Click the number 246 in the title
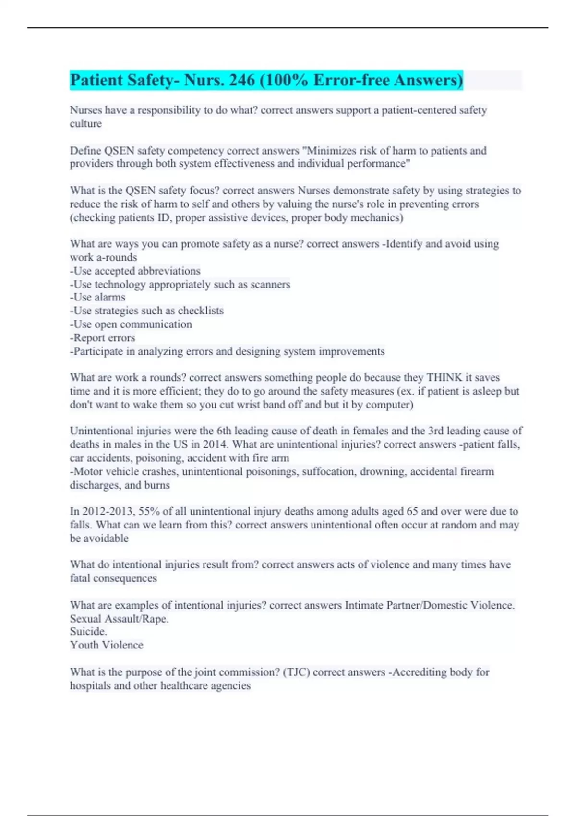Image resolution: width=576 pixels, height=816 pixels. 242,80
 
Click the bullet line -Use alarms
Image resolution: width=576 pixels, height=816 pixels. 98,298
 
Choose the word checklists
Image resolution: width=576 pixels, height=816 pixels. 201,311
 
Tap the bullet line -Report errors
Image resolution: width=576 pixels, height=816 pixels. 103,338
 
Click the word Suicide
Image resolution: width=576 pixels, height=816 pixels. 88,632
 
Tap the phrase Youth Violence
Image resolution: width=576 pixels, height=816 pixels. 107,645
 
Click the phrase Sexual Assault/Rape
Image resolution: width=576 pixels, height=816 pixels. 119,619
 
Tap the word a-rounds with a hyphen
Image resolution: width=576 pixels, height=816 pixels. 117,258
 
